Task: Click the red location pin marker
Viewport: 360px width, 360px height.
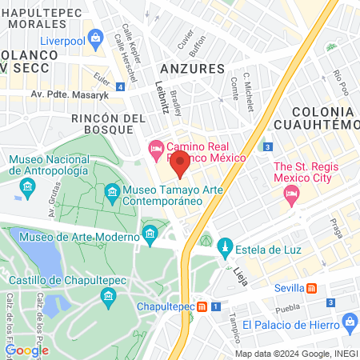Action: pyautogui.click(x=180, y=166)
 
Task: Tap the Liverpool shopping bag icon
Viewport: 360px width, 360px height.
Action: pyautogui.click(x=96, y=37)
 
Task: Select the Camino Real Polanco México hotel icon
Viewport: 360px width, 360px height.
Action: pyautogui.click(x=155, y=148)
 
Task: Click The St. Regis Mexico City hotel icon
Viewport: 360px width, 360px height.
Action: pyautogui.click(x=291, y=193)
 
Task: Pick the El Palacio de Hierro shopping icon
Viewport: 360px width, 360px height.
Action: pyautogui.click(x=349, y=322)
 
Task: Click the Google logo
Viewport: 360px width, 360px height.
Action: pyautogui.click(x=26, y=350)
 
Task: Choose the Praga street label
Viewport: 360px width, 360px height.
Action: pyautogui.click(x=338, y=228)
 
